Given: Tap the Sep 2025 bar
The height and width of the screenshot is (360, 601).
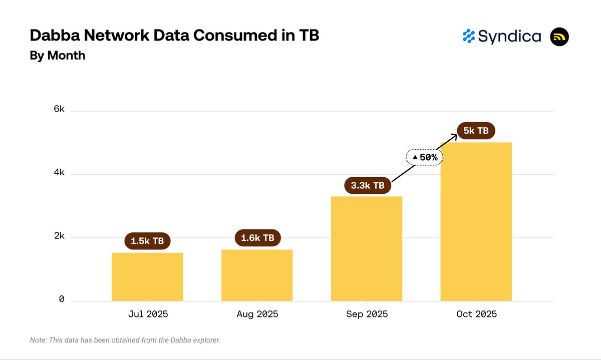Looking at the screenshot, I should tap(367, 249).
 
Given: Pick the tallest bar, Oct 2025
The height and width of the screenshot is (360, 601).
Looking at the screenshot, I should tap(476, 222).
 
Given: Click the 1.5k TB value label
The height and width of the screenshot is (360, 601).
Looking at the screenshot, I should tap(147, 241).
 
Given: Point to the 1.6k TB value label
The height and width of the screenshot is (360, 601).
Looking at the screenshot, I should tap(257, 238).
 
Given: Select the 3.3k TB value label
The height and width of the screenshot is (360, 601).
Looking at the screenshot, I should tap(368, 186).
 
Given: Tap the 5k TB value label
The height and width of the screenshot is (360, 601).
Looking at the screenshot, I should tap(476, 131).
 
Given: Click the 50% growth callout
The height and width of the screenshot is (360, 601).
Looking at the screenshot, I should tap(425, 157).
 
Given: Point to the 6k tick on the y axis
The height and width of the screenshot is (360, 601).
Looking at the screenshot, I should tap(59, 110).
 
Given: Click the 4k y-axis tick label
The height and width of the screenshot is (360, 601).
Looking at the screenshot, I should tap(59, 173).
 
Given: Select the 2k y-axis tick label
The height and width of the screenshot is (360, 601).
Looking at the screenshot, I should tap(59, 236).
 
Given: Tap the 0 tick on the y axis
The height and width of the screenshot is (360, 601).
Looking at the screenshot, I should tap(62, 299).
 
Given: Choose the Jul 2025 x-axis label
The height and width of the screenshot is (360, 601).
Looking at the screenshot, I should tap(147, 314).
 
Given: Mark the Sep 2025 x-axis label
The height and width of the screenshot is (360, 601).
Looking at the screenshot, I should tap(367, 314).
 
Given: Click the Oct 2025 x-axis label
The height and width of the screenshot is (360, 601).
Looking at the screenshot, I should tap(476, 314).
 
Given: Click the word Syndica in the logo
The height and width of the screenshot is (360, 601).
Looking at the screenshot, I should tap(509, 37).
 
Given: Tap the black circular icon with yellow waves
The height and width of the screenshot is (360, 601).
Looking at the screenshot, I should tap(559, 37).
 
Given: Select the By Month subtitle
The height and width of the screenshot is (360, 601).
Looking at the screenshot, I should tap(58, 56).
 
